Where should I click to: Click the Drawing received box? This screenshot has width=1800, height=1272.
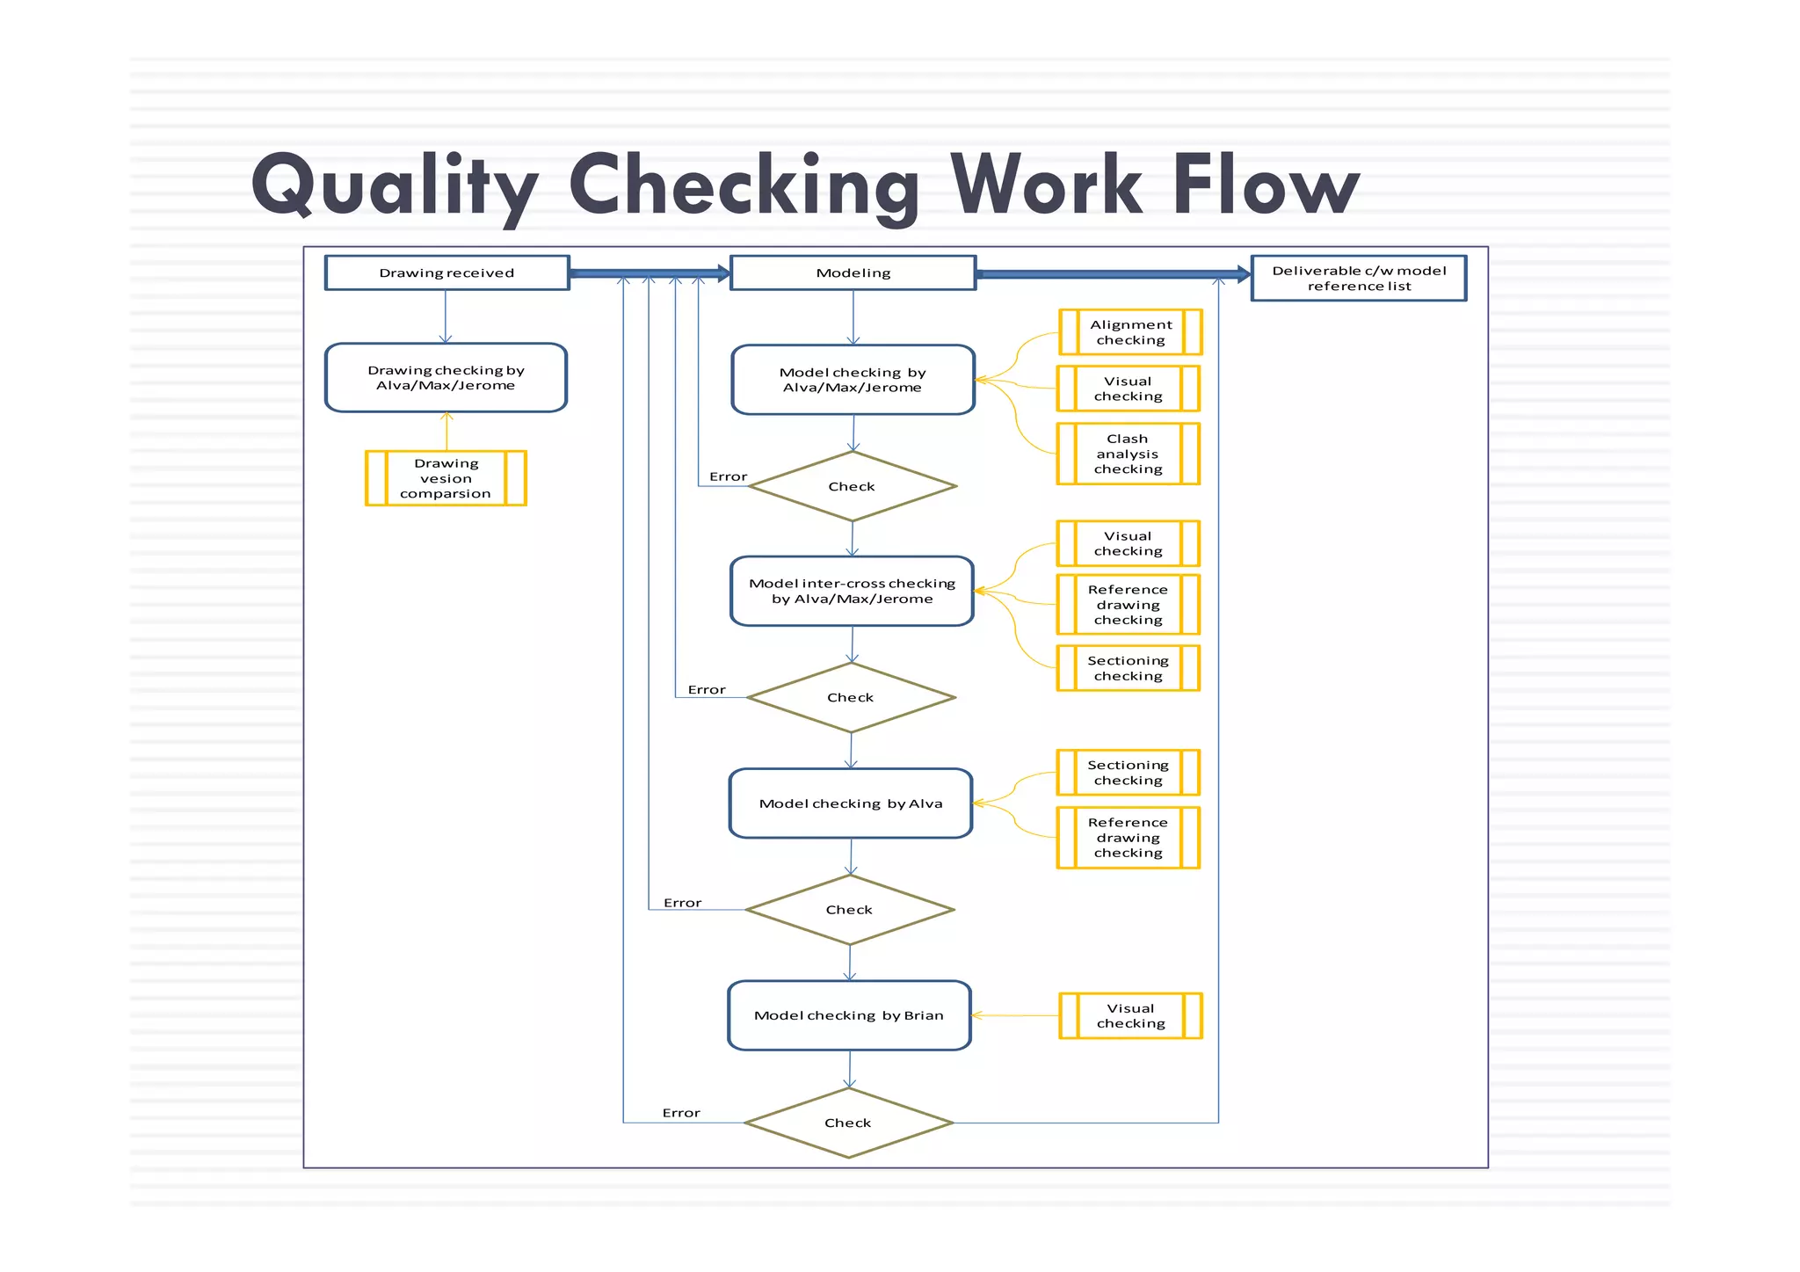(446, 273)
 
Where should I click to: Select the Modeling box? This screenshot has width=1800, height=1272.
(853, 273)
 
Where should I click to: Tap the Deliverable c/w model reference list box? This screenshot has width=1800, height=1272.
(1358, 278)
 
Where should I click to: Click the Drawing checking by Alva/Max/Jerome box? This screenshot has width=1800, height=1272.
(446, 377)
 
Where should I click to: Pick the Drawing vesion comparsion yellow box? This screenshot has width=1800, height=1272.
(446, 478)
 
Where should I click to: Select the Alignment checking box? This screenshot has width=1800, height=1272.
(1130, 332)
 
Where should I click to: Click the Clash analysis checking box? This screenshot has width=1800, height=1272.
(1128, 454)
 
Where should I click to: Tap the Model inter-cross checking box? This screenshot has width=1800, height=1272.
(852, 591)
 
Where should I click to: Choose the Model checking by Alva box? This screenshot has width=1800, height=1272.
(850, 803)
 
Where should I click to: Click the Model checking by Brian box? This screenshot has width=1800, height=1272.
(849, 1015)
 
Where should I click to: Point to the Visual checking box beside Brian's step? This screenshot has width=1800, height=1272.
(1130, 1015)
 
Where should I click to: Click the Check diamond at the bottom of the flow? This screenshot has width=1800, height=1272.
(848, 1123)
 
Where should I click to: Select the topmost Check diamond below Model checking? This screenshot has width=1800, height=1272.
(852, 486)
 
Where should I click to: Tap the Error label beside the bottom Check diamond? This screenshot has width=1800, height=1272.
(681, 1113)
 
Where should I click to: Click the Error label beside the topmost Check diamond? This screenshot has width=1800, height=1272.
(728, 476)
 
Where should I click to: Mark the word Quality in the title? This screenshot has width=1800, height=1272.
(394, 186)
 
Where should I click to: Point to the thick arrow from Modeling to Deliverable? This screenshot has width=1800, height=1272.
(1112, 274)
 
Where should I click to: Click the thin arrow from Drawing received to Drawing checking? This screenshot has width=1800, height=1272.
(446, 316)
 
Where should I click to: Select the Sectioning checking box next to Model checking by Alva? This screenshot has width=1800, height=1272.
(1128, 773)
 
